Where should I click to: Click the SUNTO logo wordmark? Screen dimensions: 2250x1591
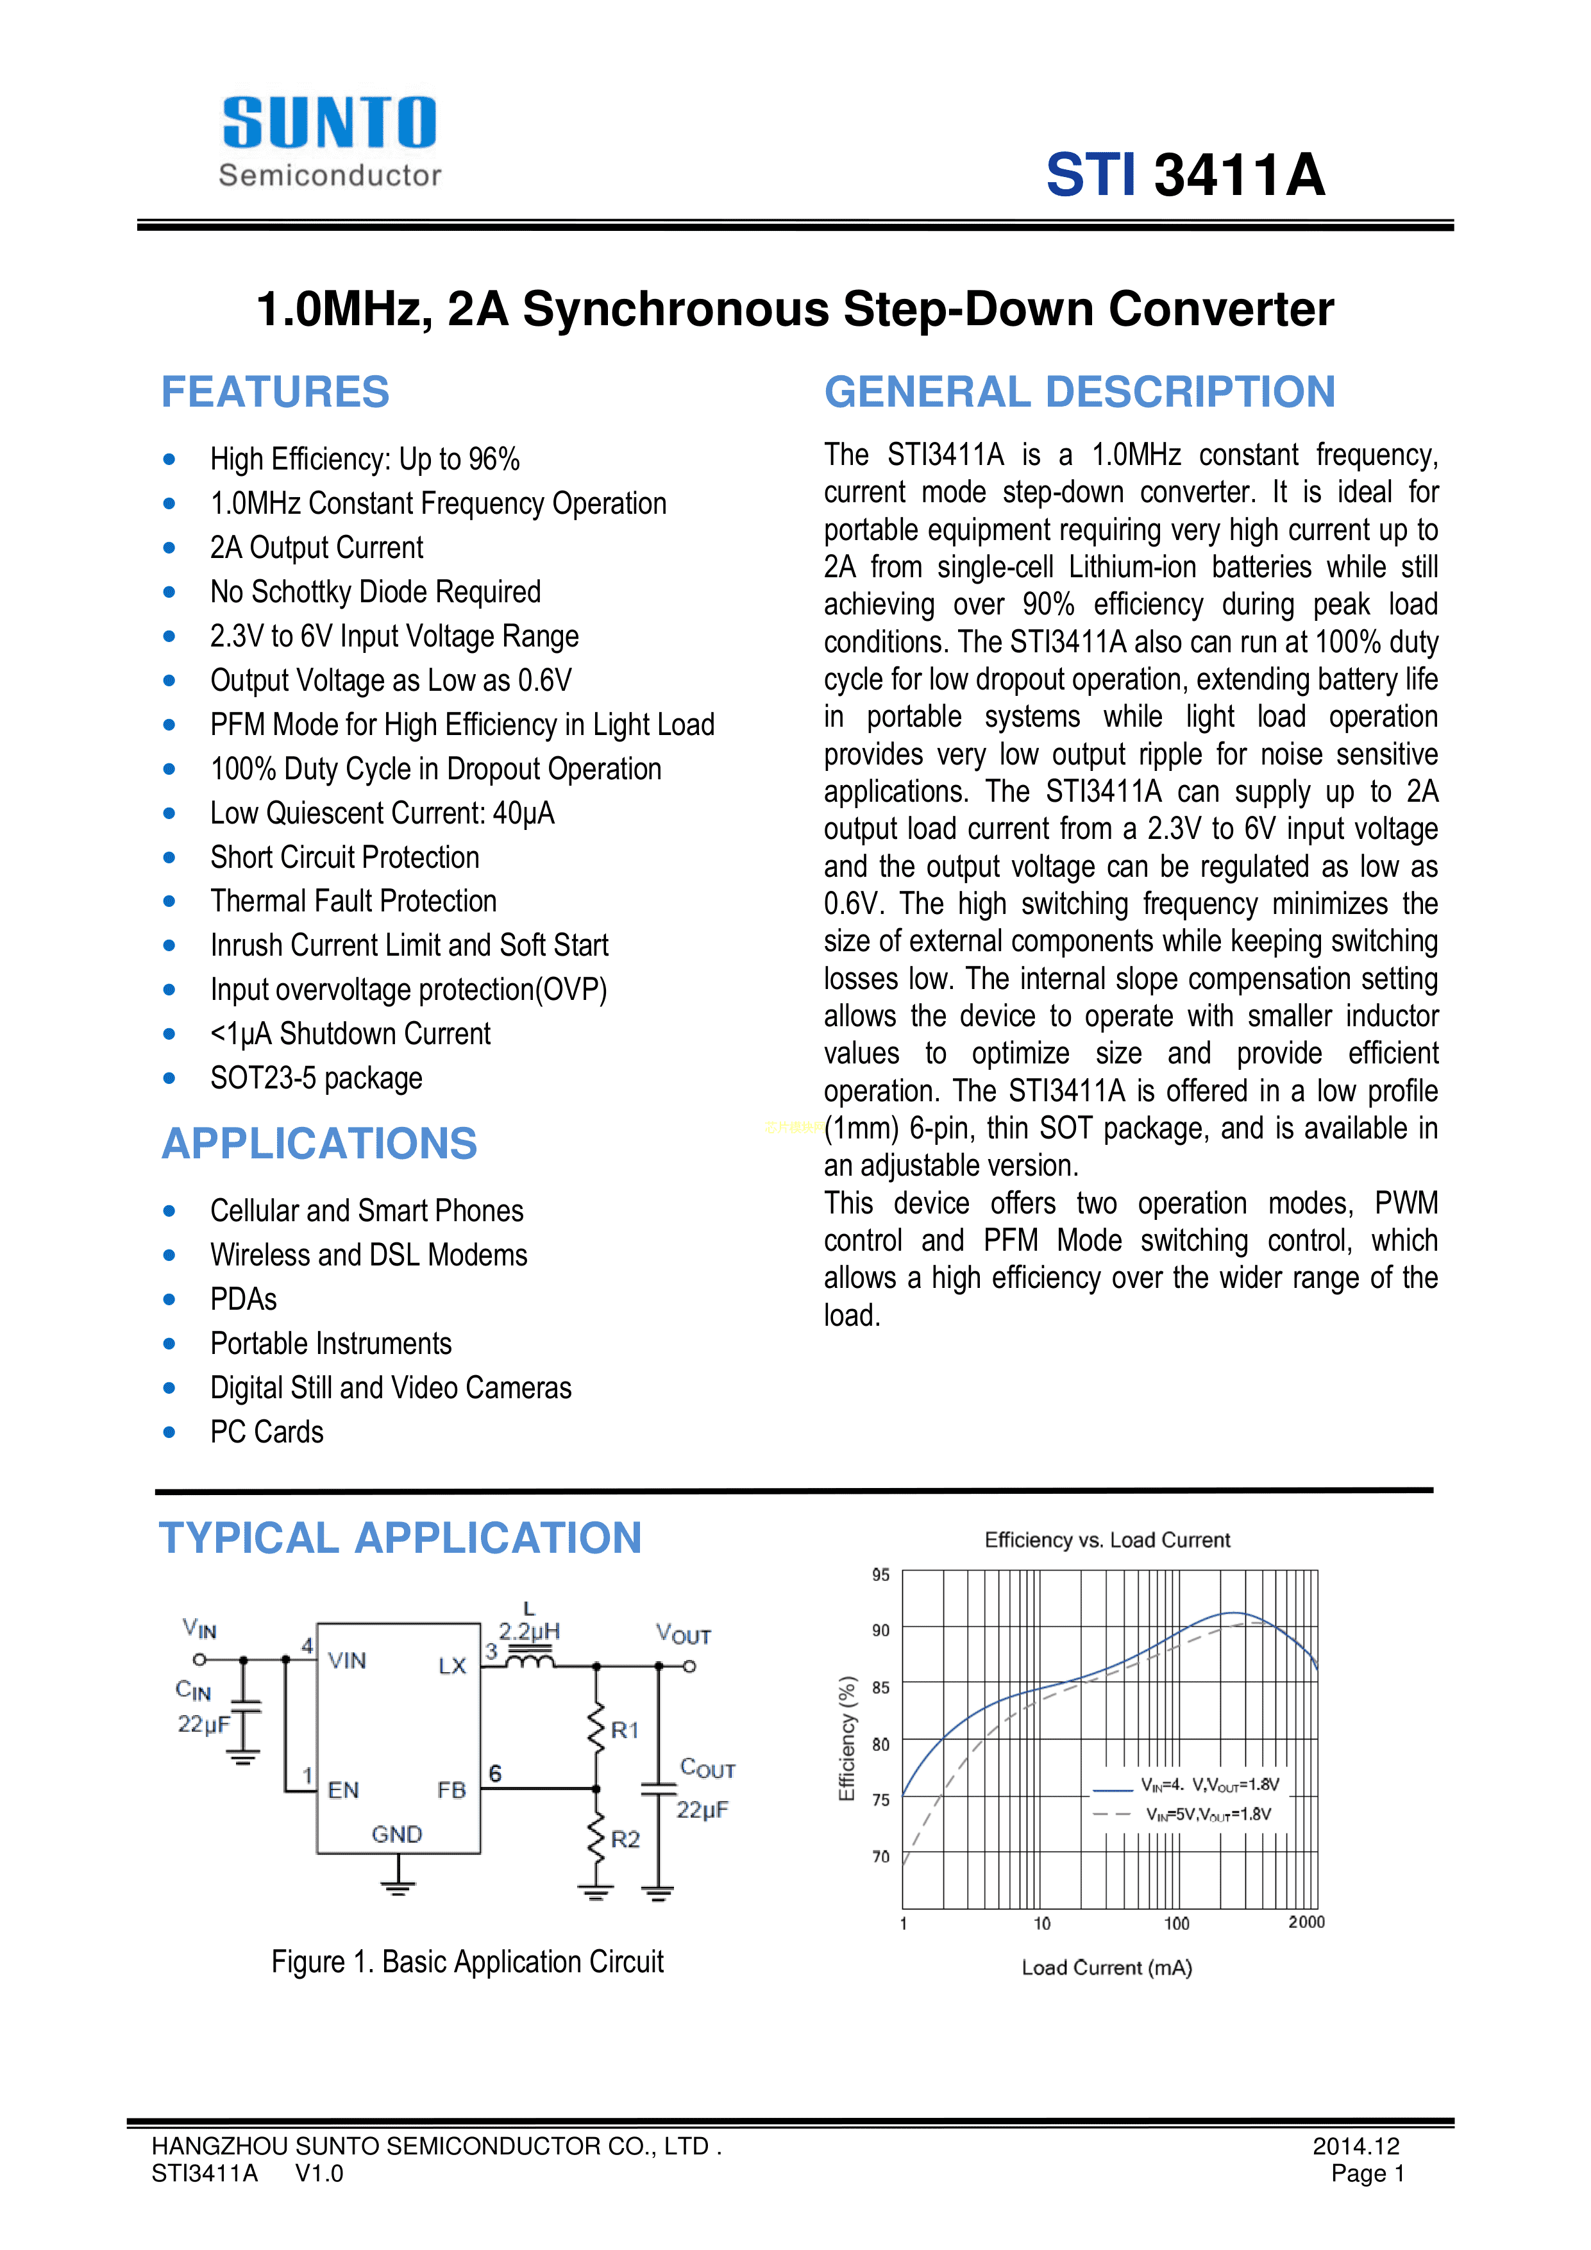click(329, 124)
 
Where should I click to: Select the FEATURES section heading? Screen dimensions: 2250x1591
click(275, 392)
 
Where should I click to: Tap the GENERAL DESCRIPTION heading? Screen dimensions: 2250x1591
click(1080, 392)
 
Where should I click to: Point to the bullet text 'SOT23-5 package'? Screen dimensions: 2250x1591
click(316, 1078)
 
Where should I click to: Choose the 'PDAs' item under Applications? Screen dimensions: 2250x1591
click(244, 1299)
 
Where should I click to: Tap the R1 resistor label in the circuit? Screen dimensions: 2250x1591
click(625, 1730)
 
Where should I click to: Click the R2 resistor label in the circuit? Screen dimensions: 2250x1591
click(625, 1840)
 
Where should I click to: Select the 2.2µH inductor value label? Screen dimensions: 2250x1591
click(529, 1632)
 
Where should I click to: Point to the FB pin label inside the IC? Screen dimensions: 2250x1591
click(451, 1790)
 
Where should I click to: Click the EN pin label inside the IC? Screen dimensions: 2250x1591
click(344, 1790)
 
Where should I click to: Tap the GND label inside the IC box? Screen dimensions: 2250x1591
click(397, 1834)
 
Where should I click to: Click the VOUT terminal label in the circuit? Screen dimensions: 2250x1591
click(684, 1634)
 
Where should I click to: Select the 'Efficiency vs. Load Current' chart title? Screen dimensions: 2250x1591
click(1107, 1541)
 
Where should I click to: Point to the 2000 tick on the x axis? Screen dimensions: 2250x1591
click(1306, 1923)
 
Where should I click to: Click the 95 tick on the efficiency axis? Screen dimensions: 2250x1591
click(880, 1575)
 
